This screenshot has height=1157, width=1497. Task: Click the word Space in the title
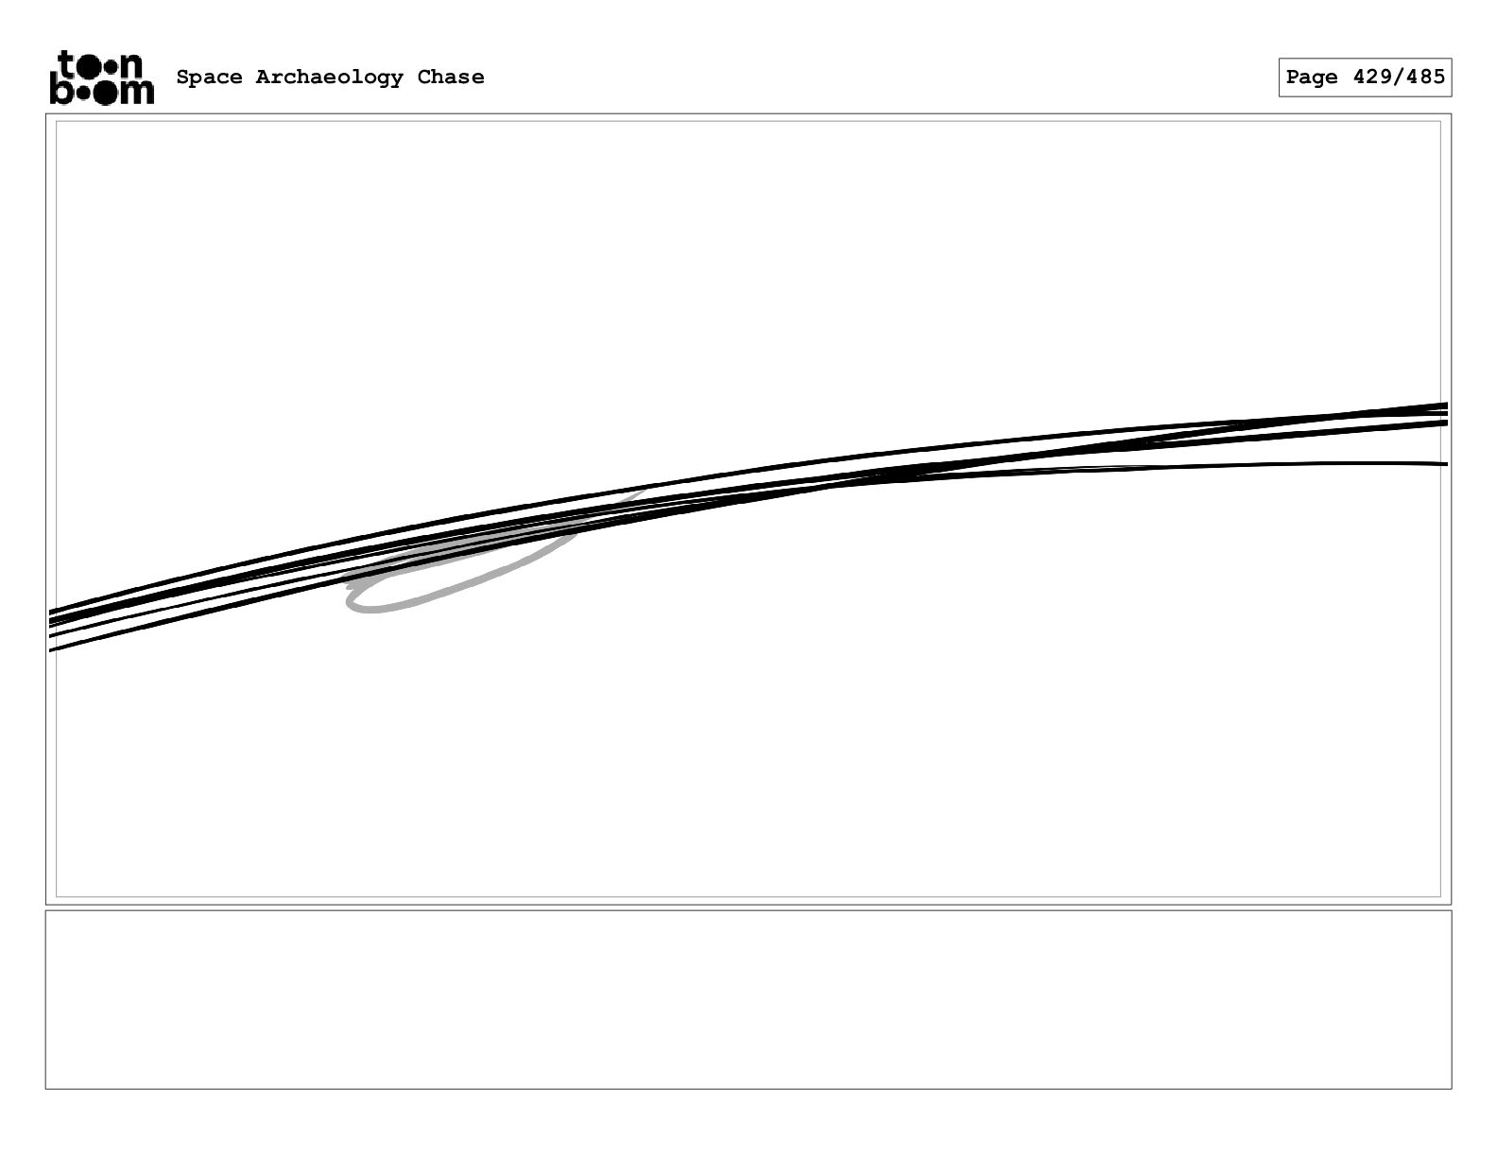[209, 78]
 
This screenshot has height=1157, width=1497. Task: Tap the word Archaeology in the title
[329, 78]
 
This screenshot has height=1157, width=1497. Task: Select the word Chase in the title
[451, 78]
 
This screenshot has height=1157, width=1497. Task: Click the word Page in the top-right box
[1312, 78]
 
